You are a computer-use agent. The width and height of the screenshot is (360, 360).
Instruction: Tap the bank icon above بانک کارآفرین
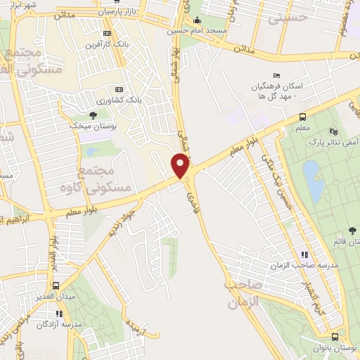107,33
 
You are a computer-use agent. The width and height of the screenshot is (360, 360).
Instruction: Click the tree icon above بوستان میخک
92,114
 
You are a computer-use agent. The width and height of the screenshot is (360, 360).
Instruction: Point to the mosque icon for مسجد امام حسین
198,20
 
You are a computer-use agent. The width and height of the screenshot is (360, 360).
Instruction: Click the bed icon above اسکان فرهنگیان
276,76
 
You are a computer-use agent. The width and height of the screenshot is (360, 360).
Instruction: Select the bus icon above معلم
302,117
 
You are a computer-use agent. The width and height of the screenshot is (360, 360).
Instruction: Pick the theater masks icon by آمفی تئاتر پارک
333,131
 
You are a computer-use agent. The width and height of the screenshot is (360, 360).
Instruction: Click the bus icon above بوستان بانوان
335,336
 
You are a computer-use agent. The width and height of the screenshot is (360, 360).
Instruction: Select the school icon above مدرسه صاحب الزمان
304,255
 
